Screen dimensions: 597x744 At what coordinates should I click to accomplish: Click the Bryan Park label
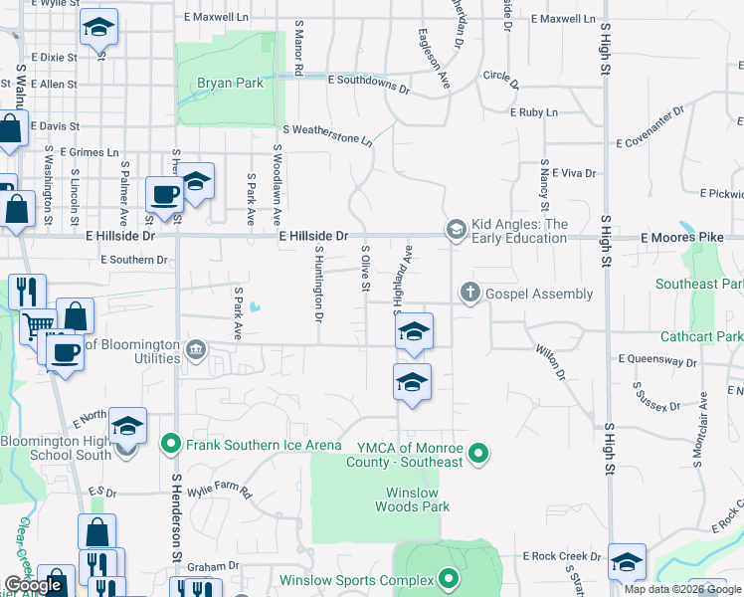230,84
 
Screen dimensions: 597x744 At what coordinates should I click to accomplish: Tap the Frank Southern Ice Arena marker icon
171,443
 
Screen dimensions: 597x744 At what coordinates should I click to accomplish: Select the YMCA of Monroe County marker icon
478,455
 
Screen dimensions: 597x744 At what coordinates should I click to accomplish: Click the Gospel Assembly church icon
468,294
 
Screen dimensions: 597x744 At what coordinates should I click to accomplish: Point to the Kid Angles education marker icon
456,231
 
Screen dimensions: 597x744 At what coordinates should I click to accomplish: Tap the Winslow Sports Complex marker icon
449,579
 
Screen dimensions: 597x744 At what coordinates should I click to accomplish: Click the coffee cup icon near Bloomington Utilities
67,353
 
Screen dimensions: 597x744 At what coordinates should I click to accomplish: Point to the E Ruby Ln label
534,112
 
